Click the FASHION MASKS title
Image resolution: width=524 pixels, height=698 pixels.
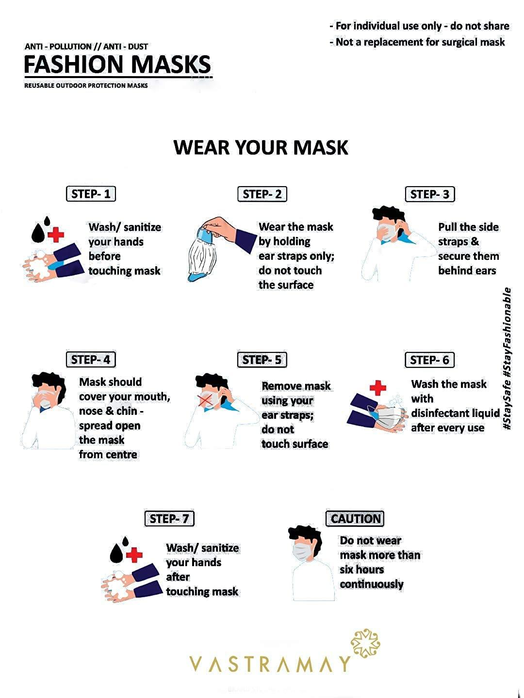coord(117,64)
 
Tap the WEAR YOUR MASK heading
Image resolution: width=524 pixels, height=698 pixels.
coord(261,147)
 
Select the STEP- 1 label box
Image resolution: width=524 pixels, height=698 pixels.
coord(91,194)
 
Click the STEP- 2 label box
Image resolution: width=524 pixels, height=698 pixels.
coord(262,194)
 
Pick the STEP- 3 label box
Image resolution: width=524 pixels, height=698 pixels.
coord(429,194)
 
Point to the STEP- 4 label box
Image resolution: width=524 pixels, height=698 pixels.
coord(91,360)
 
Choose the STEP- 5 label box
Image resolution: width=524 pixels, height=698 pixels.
coord(262,360)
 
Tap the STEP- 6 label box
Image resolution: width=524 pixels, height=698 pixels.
coord(429,360)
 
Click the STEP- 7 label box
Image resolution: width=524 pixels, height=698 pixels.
coord(169,519)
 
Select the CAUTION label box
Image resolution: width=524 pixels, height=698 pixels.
coord(355,519)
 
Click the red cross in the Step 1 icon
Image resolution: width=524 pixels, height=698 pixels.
coord(56,236)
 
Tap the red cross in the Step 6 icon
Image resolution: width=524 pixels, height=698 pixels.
coord(377,388)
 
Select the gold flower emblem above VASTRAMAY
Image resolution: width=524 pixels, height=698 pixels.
coord(365,644)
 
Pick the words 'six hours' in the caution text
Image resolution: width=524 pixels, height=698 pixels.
coord(361,570)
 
